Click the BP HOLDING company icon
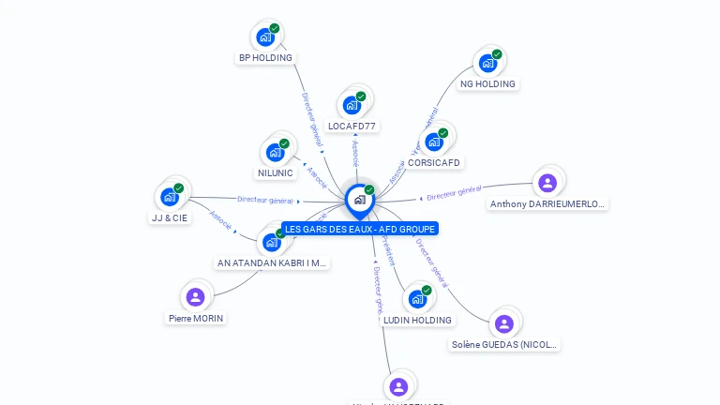[x=265, y=37]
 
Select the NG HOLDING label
[x=487, y=83]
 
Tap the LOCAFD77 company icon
[x=352, y=105]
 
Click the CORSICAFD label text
[x=434, y=162]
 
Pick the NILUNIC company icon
[x=275, y=152]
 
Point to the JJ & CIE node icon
[x=169, y=197]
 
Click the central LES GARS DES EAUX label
[x=361, y=229]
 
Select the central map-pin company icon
[x=359, y=199]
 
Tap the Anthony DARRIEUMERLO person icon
[x=547, y=183]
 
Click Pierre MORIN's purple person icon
[x=195, y=297]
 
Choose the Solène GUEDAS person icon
[x=504, y=324]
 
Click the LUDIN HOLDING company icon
[x=417, y=299]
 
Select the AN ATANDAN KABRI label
[x=272, y=263]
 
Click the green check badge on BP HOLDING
[x=275, y=28]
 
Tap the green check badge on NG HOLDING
[x=497, y=54]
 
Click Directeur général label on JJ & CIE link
[x=265, y=200]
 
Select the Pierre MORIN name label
[x=196, y=318]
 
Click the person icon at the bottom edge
[x=398, y=386]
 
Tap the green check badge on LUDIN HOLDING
[x=427, y=291]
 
